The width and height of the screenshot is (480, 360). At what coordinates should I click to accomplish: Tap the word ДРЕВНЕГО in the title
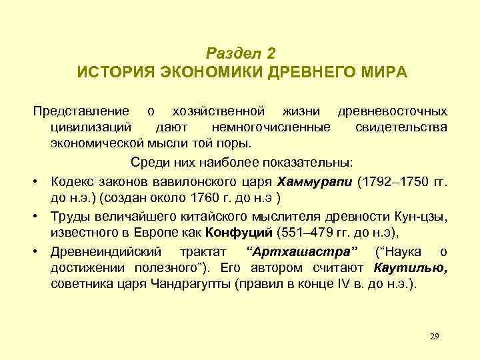coord(309,71)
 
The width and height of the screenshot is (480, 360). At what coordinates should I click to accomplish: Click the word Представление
coord(81,110)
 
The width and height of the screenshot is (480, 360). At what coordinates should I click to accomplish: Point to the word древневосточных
coord(393,110)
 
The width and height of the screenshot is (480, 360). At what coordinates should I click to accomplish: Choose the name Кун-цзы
coord(421,215)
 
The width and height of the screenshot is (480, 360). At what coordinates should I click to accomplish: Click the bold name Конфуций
coord(239,233)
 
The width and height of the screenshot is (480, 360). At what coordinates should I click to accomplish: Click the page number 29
coord(435,335)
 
